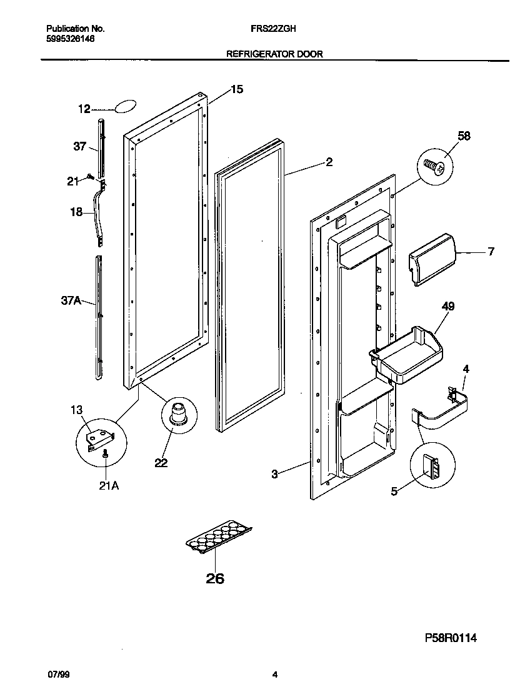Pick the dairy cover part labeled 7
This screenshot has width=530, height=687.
click(x=432, y=259)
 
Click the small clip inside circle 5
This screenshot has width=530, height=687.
click(x=431, y=466)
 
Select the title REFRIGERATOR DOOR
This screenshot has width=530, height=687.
click(x=274, y=54)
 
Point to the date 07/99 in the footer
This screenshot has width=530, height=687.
click(x=57, y=675)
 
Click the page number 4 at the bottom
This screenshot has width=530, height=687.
click(x=274, y=675)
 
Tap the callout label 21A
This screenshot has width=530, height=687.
click(x=109, y=486)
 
